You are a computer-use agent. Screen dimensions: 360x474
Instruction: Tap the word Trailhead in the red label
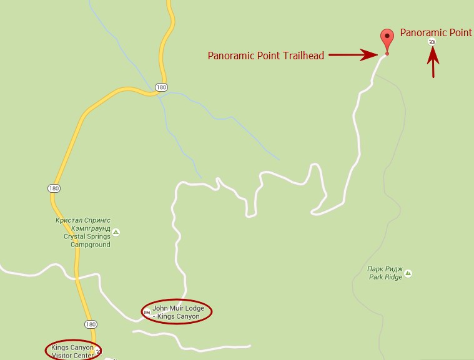pyautogui.click(x=303, y=56)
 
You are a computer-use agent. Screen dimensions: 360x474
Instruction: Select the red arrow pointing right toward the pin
pyautogui.click(x=350, y=56)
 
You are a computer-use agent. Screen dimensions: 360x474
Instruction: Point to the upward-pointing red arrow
pyautogui.click(x=433, y=63)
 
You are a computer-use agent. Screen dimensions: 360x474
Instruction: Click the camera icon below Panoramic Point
pyautogui.click(x=432, y=42)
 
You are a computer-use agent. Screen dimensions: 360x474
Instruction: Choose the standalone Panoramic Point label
pyautogui.click(x=436, y=32)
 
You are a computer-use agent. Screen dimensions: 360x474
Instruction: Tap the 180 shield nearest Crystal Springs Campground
pyautogui.click(x=53, y=188)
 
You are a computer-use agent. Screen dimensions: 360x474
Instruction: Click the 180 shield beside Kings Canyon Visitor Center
pyautogui.click(x=91, y=324)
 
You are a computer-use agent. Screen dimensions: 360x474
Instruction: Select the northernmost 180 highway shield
pyautogui.click(x=162, y=87)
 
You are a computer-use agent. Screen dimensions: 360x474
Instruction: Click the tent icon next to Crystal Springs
pyautogui.click(x=116, y=232)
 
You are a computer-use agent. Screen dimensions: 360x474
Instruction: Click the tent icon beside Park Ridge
pyautogui.click(x=408, y=273)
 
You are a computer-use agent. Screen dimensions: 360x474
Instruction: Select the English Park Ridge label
pyautogui.click(x=385, y=277)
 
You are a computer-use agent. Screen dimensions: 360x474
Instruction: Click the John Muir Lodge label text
pyautogui.click(x=179, y=311)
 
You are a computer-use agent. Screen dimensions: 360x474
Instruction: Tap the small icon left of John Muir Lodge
pyautogui.click(x=147, y=312)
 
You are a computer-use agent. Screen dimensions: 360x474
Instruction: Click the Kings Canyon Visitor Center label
pyautogui.click(x=71, y=351)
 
